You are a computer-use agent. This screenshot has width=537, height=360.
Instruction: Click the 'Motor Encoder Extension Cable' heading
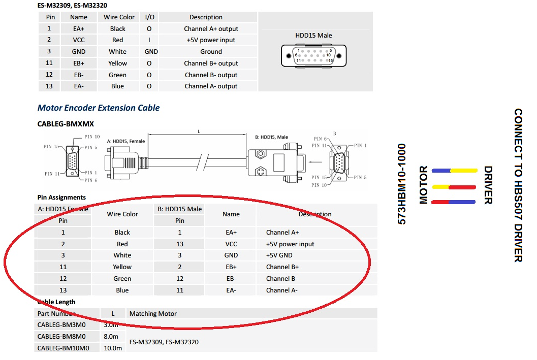98,108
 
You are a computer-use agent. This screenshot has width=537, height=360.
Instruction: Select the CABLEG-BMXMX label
66,124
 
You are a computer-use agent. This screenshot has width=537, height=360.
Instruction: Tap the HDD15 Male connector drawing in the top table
313,55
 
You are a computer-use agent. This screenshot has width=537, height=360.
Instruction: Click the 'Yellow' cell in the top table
117,63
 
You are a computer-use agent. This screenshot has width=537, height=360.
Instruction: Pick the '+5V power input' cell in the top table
211,40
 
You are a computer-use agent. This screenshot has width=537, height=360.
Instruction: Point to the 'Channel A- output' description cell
211,86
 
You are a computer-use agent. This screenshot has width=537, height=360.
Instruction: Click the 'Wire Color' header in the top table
119,17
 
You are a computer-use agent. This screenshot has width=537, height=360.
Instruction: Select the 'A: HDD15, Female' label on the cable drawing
125,141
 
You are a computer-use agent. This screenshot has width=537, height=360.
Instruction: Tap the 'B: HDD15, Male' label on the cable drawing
271,137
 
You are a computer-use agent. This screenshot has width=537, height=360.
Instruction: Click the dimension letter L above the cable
199,132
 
